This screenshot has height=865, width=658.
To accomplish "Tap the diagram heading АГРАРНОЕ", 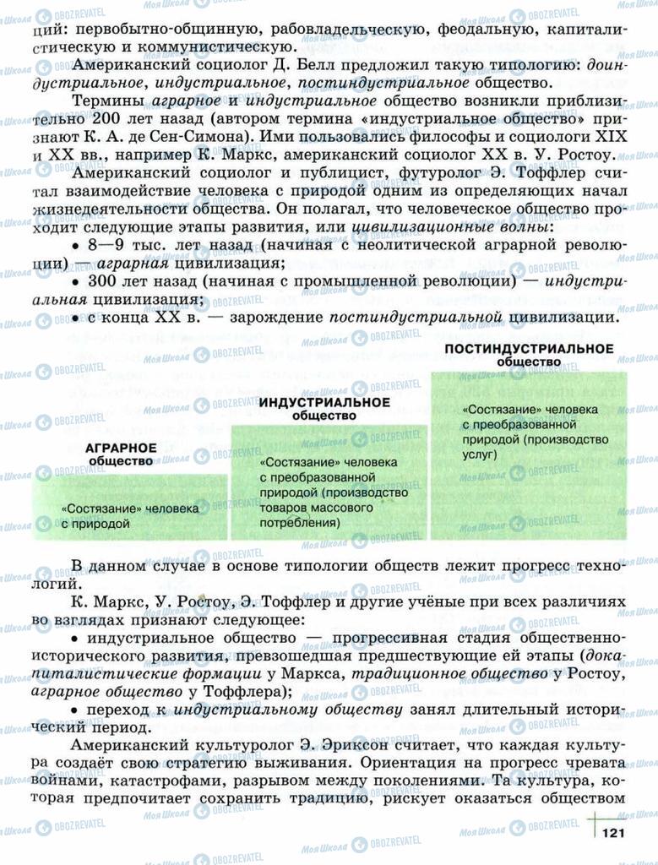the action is [121, 447].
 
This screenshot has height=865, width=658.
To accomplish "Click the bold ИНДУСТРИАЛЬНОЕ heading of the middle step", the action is [324, 402].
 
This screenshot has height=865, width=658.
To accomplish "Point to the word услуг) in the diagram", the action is [480, 454].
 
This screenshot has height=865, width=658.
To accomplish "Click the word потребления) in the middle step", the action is [301, 523].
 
